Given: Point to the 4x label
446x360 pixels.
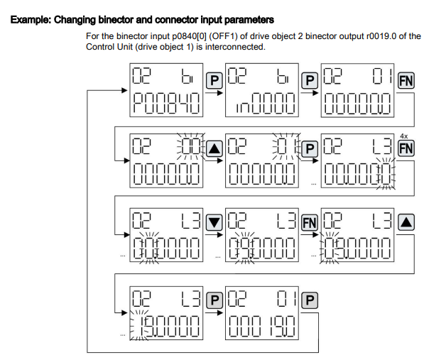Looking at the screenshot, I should [403, 136].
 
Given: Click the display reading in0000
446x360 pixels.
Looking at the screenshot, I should [262, 107].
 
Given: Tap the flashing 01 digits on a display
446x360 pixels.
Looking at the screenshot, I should [284, 148].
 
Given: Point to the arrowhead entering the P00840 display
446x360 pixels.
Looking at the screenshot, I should [126, 92].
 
